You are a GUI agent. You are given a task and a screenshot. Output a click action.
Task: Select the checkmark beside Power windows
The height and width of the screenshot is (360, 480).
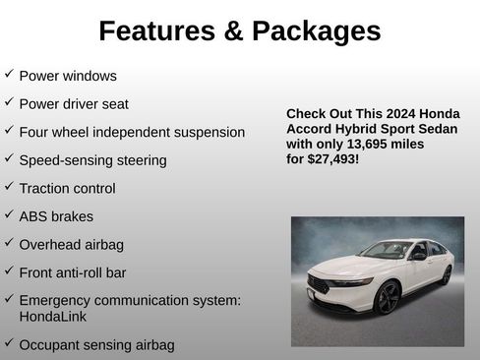(x=9, y=75)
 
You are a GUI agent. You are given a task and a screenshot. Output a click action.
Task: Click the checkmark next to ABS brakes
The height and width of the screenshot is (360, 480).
(x=9, y=215)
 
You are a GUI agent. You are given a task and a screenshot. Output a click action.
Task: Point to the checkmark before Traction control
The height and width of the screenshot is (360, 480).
(x=9, y=187)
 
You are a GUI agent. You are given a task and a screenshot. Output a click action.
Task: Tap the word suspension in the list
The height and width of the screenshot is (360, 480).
(x=205, y=132)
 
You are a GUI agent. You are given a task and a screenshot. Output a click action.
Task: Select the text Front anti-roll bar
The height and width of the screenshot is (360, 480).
(x=73, y=271)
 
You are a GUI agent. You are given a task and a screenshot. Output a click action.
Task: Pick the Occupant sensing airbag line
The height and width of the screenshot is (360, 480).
(x=96, y=345)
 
